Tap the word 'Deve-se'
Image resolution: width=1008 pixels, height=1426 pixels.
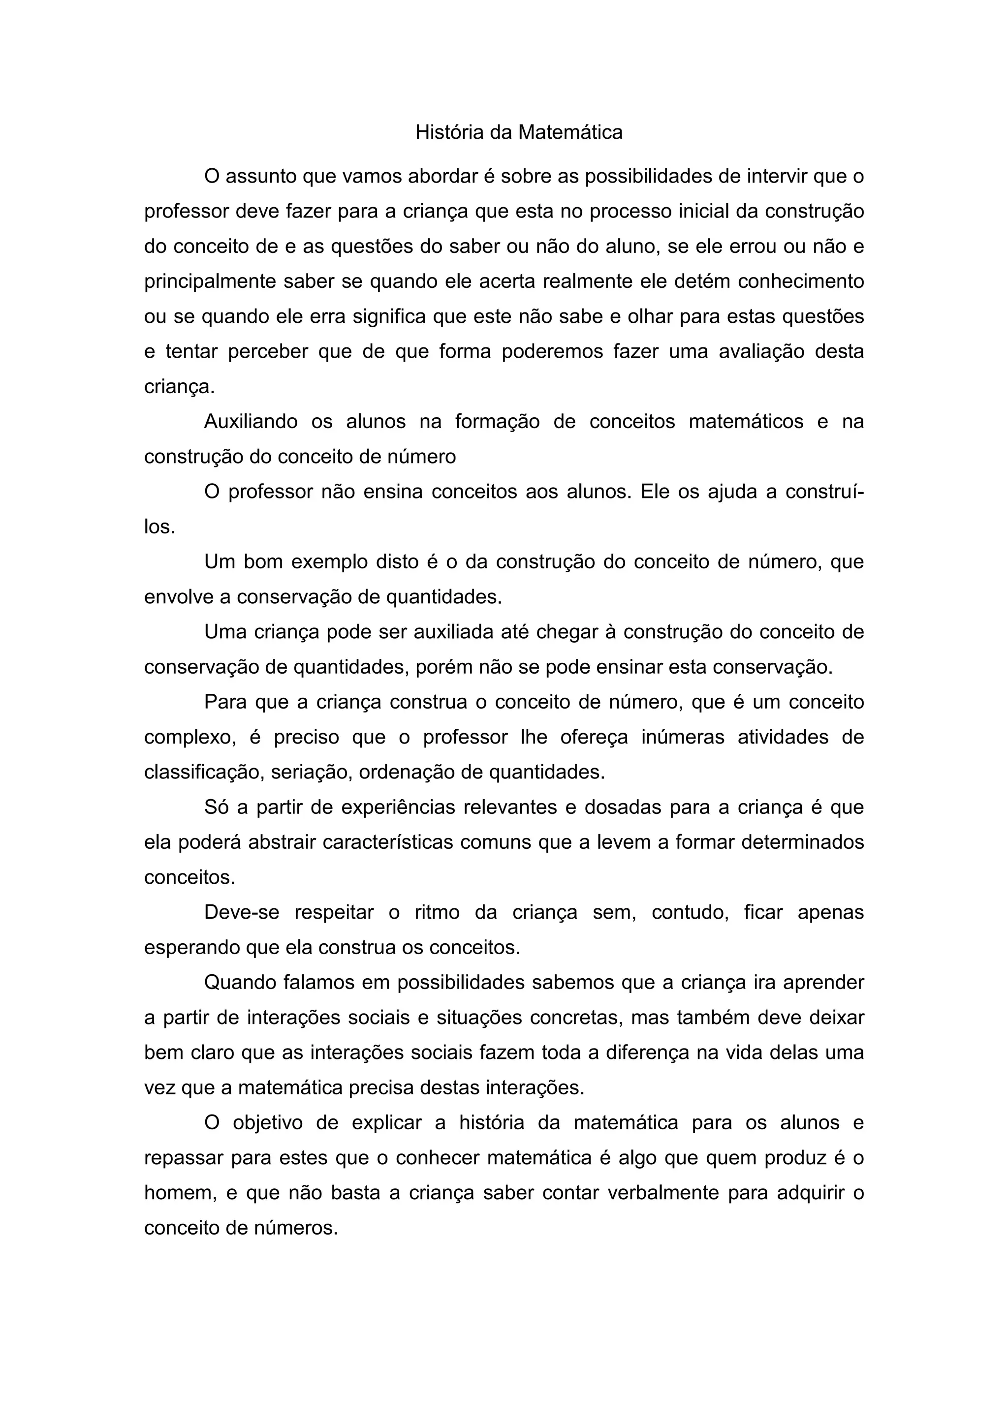242,913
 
